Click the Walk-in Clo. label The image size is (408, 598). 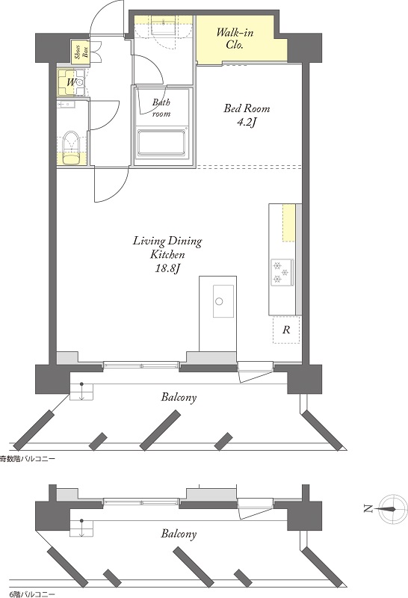[x=234, y=38]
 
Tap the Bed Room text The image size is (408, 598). [x=247, y=108]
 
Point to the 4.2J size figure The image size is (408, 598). [x=247, y=123]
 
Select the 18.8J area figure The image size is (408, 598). [x=167, y=268]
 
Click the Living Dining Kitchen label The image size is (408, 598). [x=167, y=247]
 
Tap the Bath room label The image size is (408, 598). [x=161, y=108]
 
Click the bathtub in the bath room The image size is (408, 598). [x=161, y=143]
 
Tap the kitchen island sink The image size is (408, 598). [x=223, y=301]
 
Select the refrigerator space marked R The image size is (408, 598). [x=286, y=330]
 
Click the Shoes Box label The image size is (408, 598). [x=81, y=52]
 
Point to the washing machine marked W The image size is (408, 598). [x=72, y=82]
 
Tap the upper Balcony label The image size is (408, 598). [x=179, y=398]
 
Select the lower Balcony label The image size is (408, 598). [x=179, y=534]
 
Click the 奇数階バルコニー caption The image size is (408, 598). [x=27, y=459]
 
